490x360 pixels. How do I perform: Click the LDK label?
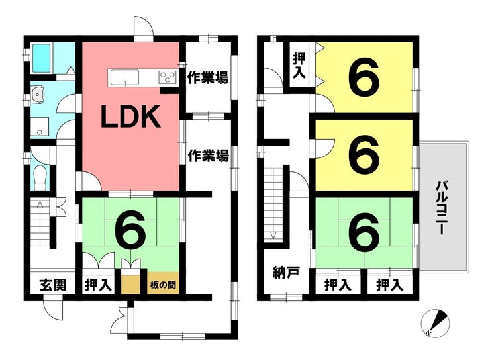130,116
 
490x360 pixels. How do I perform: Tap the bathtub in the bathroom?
42,58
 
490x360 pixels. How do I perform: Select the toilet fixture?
40,177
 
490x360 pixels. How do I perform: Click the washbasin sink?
38,95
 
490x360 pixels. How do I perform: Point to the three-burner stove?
168,77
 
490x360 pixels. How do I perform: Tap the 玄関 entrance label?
53,285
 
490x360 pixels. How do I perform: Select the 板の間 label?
163,285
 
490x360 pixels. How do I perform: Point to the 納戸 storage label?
286,272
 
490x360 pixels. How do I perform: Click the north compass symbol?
435,323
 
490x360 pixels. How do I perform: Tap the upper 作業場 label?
208,77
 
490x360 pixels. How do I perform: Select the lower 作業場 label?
208,156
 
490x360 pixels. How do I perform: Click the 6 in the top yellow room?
364,77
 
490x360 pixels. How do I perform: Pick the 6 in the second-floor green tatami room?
364,232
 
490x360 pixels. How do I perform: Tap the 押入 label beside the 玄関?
98,285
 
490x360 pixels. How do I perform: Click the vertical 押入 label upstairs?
299,66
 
